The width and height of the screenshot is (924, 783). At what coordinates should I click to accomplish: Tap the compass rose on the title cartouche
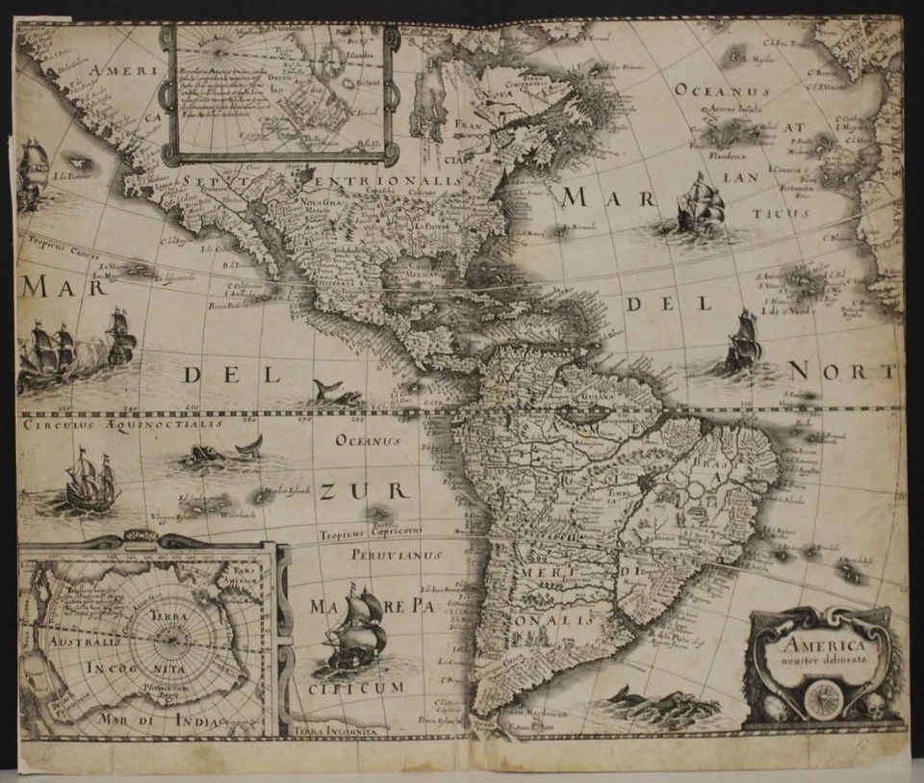click(x=823, y=698)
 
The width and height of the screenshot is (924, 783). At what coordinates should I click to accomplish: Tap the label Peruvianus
click(x=382, y=556)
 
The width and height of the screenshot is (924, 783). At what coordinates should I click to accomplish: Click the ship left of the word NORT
click(x=742, y=341)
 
